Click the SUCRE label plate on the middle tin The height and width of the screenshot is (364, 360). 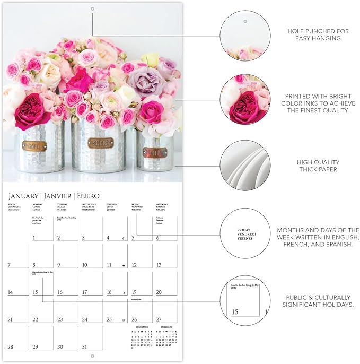point(101,143)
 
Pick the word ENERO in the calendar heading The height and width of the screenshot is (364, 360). point(87,196)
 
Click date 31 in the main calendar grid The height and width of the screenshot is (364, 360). point(84,346)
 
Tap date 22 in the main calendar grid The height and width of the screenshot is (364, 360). point(36,319)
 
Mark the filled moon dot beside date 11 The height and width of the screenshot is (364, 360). point(124,265)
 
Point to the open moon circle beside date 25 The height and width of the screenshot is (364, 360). point(124,319)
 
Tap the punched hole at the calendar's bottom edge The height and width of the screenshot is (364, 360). point(92,355)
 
